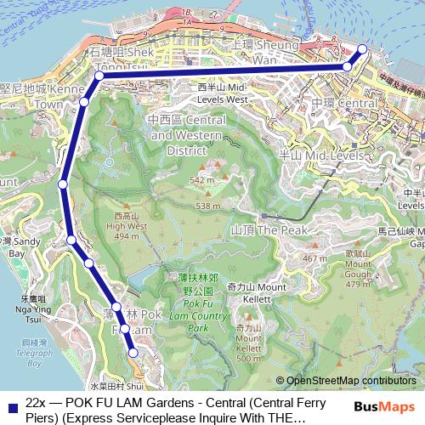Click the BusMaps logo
click(x=386, y=406)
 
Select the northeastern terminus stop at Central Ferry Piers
click(x=363, y=49)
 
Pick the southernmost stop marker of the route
click(x=133, y=352)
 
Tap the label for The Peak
click(x=258, y=230)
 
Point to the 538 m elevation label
click(x=207, y=206)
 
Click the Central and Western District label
click(x=181, y=136)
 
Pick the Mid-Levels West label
click(x=222, y=93)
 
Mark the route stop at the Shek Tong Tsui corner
click(x=99, y=76)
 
